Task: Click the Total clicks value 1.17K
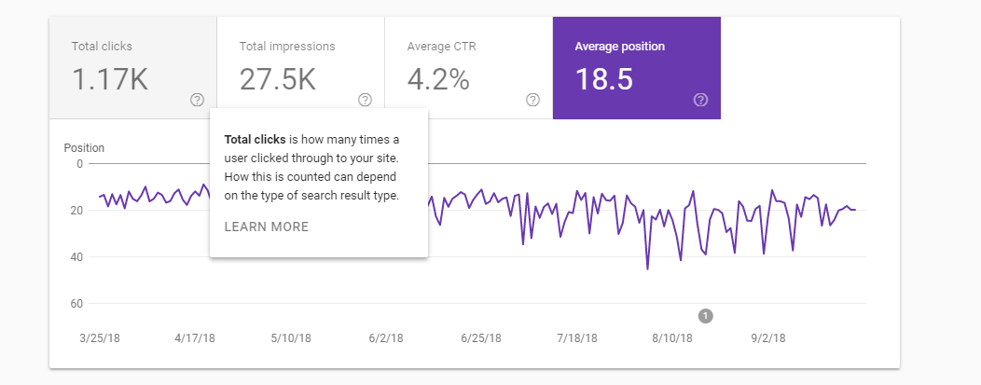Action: [x=110, y=79]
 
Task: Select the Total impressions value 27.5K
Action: [x=278, y=79]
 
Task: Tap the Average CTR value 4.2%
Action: [x=438, y=79]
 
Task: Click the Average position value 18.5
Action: [x=603, y=79]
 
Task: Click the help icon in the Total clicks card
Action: [x=197, y=100]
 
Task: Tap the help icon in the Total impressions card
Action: [x=365, y=100]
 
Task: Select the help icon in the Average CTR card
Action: [x=532, y=100]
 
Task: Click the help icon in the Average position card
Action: [x=700, y=100]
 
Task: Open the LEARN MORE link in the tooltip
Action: [x=267, y=227]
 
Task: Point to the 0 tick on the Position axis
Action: [x=79, y=164]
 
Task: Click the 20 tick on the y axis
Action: [x=76, y=211]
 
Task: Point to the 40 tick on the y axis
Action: [x=76, y=257]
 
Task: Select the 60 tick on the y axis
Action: [x=76, y=304]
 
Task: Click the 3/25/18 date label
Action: [x=101, y=337]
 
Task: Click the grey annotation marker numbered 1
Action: [x=705, y=316]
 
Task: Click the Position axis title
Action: [x=84, y=147]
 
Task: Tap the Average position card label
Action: [x=619, y=46]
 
